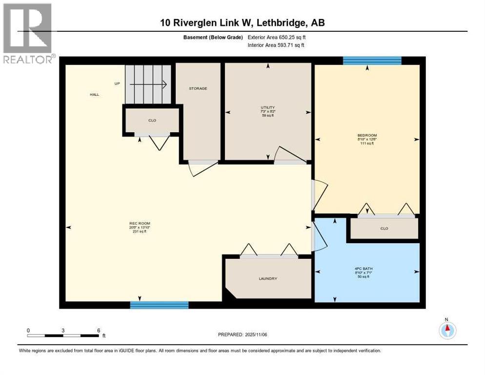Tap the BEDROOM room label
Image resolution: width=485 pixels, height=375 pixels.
[367, 135]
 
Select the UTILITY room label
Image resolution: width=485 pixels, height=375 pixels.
[267, 107]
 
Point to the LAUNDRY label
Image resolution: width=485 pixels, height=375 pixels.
[268, 279]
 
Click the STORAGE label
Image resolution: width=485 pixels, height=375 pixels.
[198, 88]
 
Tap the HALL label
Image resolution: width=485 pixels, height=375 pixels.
[94, 94]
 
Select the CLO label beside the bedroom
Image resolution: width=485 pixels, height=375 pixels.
[384, 229]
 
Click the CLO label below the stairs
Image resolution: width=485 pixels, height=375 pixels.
[152, 120]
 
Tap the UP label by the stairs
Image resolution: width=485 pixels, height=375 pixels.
[117, 83]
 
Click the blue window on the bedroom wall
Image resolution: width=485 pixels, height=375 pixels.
[372, 61]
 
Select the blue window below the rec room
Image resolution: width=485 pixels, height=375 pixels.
[159, 305]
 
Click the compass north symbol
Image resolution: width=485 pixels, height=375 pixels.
[446, 330]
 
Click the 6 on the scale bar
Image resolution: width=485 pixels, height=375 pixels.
[99, 330]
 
